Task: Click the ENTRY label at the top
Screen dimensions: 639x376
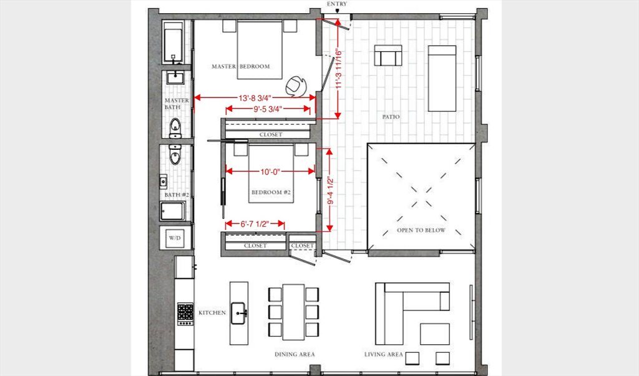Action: click(337, 4)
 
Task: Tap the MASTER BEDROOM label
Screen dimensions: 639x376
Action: click(241, 66)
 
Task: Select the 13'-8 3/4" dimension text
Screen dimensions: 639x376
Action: click(255, 98)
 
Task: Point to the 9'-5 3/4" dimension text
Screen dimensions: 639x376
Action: click(268, 109)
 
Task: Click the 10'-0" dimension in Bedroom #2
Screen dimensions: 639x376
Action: click(270, 172)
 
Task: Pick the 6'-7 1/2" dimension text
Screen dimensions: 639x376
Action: click(255, 224)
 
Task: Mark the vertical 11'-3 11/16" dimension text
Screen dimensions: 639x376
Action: click(338, 69)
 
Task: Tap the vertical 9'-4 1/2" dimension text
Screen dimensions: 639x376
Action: click(330, 190)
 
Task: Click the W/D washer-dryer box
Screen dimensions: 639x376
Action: click(175, 237)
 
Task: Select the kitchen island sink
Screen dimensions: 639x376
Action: click(239, 313)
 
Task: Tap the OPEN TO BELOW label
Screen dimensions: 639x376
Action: click(421, 230)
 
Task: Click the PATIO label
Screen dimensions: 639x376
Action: click(391, 117)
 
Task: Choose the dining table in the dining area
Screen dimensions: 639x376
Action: click(293, 312)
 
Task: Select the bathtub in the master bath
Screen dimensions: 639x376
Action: click(173, 42)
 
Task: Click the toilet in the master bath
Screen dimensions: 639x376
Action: click(175, 128)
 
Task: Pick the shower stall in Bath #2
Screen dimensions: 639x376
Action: click(172, 211)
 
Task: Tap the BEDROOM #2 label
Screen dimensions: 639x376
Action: click(271, 192)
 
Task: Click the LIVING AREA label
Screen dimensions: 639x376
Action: click(384, 354)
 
